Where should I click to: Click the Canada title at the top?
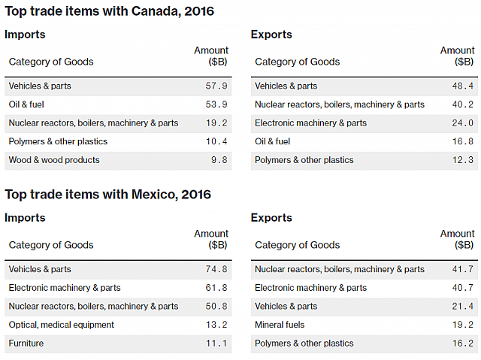click(110, 11)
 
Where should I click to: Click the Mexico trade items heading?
click(108, 195)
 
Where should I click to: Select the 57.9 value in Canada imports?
click(216, 86)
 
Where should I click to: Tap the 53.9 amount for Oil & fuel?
click(216, 104)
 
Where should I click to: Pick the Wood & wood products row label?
click(54, 160)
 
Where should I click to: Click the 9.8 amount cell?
click(219, 160)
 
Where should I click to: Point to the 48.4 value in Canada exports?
click(463, 86)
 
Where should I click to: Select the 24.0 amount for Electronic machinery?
click(463, 123)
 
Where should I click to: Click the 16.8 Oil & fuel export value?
click(463, 141)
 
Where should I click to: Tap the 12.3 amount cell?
click(463, 160)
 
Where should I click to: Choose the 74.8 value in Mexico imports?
click(216, 269)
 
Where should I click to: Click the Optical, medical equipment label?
click(62, 325)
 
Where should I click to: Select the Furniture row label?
click(26, 343)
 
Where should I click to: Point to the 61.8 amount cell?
click(216, 288)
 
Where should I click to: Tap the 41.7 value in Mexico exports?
click(463, 269)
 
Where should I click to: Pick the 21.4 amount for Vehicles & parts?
click(463, 307)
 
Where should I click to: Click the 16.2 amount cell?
click(463, 343)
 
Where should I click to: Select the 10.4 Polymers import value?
click(216, 141)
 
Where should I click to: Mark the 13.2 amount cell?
click(216, 325)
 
